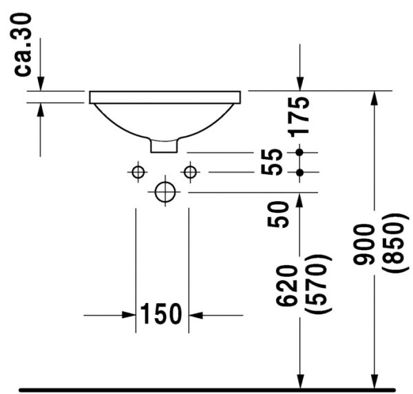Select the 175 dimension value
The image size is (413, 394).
(299, 115)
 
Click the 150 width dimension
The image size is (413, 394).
(162, 314)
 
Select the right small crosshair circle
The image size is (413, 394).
(189, 172)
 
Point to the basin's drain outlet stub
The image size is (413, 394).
(164, 145)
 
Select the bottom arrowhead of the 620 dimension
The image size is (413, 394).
(299, 381)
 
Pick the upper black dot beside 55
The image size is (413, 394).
(299, 152)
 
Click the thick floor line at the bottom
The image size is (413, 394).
(206, 390)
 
